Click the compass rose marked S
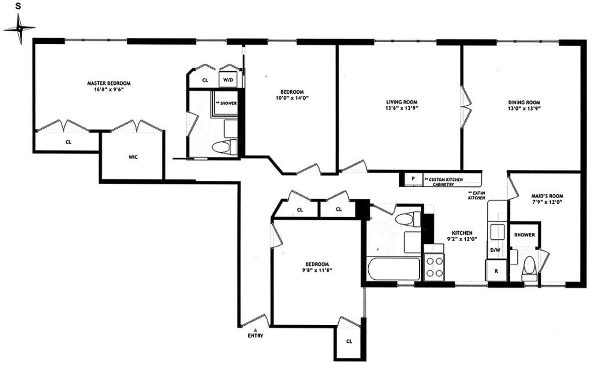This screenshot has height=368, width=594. coord(19,29)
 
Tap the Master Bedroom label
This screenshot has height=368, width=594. coord(109,83)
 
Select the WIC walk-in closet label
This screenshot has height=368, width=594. coord(133,157)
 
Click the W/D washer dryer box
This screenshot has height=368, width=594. coord(228,80)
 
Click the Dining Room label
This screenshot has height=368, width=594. coord(524,102)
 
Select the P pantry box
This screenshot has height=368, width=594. coord(413,178)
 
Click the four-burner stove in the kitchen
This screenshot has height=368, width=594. coord(434,267)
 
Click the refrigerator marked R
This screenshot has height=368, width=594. coord(496,270)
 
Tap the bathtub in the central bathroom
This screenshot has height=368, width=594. coord(394,269)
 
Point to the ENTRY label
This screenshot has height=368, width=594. coord(256,336)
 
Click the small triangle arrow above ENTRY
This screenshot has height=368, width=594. coord(256,329)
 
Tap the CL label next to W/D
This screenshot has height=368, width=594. coord(205,80)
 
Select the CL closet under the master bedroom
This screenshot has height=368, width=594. coord(68,142)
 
